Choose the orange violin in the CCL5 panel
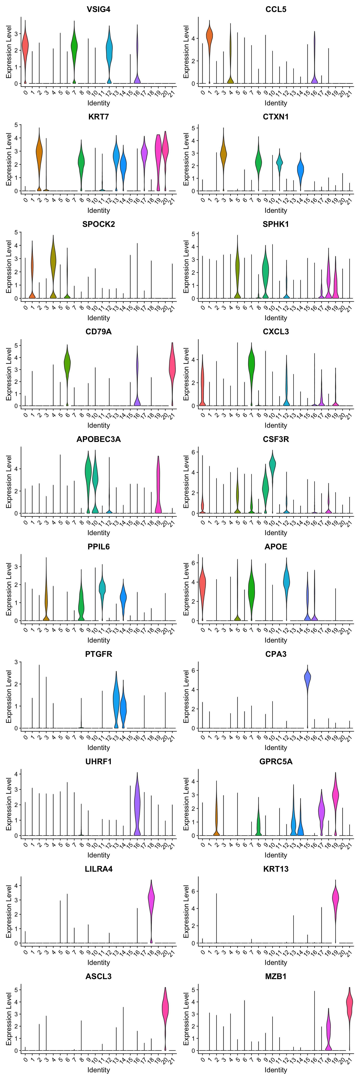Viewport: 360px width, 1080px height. tap(210, 36)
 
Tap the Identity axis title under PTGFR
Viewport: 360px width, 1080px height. tap(98, 748)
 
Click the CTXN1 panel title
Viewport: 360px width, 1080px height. tap(276, 117)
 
